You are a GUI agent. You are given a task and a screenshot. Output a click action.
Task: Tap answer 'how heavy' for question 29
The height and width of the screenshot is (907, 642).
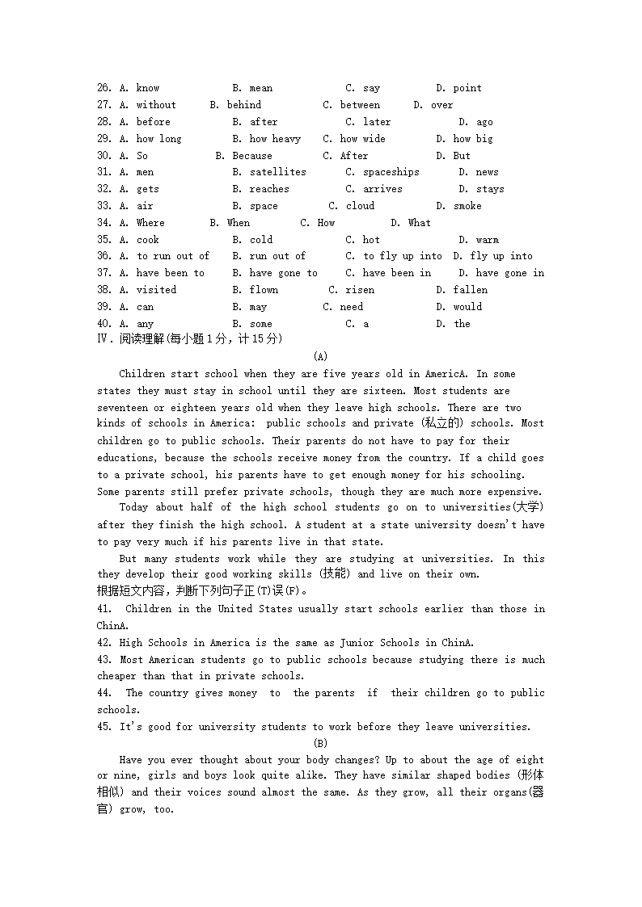(274, 139)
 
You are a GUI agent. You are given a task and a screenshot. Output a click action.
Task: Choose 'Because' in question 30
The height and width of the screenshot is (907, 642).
(251, 156)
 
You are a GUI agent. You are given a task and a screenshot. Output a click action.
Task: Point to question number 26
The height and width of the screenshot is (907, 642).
(103, 88)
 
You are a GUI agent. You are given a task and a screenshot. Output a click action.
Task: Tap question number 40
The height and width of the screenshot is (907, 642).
(103, 324)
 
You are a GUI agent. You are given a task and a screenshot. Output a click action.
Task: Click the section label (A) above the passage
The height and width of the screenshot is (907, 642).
(320, 356)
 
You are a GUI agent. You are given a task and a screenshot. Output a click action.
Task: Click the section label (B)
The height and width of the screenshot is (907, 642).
(320, 743)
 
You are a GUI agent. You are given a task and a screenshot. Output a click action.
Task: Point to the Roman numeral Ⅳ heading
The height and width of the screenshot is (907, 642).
(103, 339)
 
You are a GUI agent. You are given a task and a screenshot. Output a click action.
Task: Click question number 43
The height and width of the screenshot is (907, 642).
(103, 660)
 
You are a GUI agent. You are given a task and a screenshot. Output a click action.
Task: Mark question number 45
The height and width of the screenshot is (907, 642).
(103, 727)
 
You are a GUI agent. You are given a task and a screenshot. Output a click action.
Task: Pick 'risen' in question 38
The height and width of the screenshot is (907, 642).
(360, 290)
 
